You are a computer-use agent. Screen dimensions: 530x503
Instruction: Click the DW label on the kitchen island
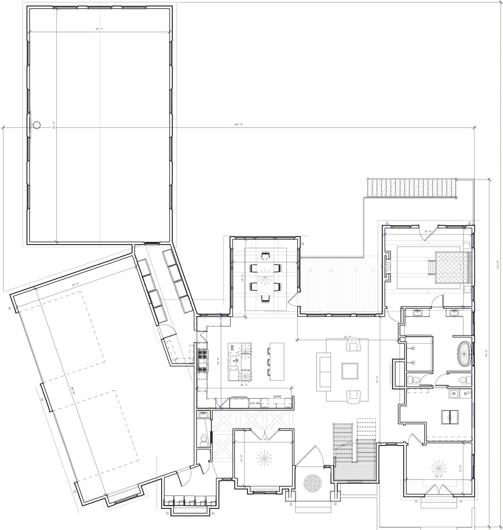click(x=233, y=347)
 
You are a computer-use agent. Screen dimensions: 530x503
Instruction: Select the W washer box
click(x=454, y=394)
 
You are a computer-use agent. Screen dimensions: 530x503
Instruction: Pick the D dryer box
click(x=465, y=394)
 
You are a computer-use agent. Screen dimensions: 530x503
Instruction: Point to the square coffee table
click(x=350, y=371)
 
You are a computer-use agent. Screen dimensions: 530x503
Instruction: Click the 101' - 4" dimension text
click(x=238, y=125)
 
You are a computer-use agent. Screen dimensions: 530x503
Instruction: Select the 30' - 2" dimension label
click(x=99, y=29)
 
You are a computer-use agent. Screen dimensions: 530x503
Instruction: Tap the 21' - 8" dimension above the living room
click(x=347, y=337)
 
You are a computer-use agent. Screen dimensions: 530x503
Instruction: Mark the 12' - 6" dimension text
click(x=263, y=440)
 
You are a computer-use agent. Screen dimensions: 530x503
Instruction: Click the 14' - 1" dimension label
click(x=439, y=476)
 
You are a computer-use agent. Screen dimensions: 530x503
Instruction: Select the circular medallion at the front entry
click(x=312, y=482)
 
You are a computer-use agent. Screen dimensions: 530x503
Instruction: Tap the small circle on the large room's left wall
click(x=37, y=125)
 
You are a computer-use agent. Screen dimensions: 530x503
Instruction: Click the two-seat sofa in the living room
click(x=324, y=371)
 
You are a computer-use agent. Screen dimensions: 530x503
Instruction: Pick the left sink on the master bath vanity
click(x=417, y=313)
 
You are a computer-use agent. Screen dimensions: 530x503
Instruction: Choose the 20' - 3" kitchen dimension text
click(x=244, y=385)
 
